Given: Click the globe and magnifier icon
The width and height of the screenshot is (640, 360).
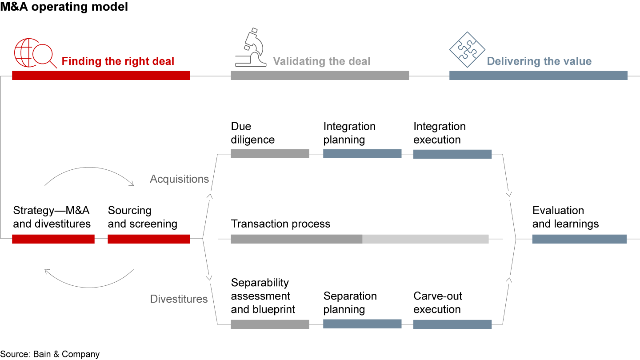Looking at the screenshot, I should click(35, 53).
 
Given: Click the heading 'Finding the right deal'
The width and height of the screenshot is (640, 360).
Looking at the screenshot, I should click(118, 61).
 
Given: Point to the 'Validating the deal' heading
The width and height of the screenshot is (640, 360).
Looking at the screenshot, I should click(321, 61).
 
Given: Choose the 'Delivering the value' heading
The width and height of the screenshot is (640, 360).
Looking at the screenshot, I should click(539, 61).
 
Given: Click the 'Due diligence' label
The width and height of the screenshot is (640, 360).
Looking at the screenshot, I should click(252, 133).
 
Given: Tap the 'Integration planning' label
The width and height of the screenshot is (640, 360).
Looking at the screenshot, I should click(349, 133).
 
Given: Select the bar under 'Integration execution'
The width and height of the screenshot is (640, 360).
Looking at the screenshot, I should click(452, 154).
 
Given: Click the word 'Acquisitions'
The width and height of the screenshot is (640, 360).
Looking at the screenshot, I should click(179, 179).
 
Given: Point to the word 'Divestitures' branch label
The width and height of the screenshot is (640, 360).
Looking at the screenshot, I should click(179, 299).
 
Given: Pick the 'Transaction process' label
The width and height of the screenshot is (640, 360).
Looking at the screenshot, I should click(280, 224).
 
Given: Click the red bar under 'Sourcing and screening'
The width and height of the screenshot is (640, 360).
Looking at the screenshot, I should click(149, 239).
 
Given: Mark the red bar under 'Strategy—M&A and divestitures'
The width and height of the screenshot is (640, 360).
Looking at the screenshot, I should click(53, 239).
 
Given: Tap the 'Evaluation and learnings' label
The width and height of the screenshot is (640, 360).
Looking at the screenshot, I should click(565, 217).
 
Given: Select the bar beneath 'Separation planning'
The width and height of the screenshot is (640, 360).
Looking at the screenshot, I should click(362, 324).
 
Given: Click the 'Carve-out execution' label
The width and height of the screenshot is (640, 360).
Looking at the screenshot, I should click(437, 303).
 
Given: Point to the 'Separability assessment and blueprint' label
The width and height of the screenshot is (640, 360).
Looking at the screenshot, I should click(263, 296).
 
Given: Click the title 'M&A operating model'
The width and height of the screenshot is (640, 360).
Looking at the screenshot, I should click(64, 8).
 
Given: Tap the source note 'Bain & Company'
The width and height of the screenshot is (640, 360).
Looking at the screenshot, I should click(50, 354).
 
